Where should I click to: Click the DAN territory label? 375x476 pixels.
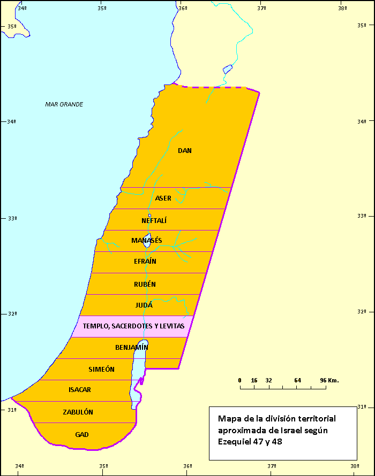pos(185,151)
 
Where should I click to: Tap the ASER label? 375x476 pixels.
pos(163,198)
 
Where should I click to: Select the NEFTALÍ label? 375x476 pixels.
pos(155,220)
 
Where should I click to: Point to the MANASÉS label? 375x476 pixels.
pos(146,241)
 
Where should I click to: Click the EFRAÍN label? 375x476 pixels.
pos(145,262)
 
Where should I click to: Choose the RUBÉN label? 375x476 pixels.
pos(145,285)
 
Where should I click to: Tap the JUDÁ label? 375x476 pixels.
pos(144,305)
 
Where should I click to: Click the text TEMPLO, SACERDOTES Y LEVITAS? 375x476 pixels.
pos(133,326)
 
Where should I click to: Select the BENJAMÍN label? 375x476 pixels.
pos(131,348)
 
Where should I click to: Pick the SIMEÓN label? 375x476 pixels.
pos(102,369)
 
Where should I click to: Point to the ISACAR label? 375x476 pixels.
pos(80,390)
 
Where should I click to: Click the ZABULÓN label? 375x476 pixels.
pos(78,412)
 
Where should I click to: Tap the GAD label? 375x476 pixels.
pos(82,434)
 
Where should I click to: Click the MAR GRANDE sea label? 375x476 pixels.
pos(64,104)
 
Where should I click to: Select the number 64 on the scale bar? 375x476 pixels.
pos(297,380)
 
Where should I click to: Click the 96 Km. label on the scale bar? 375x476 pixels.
pos(329,380)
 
